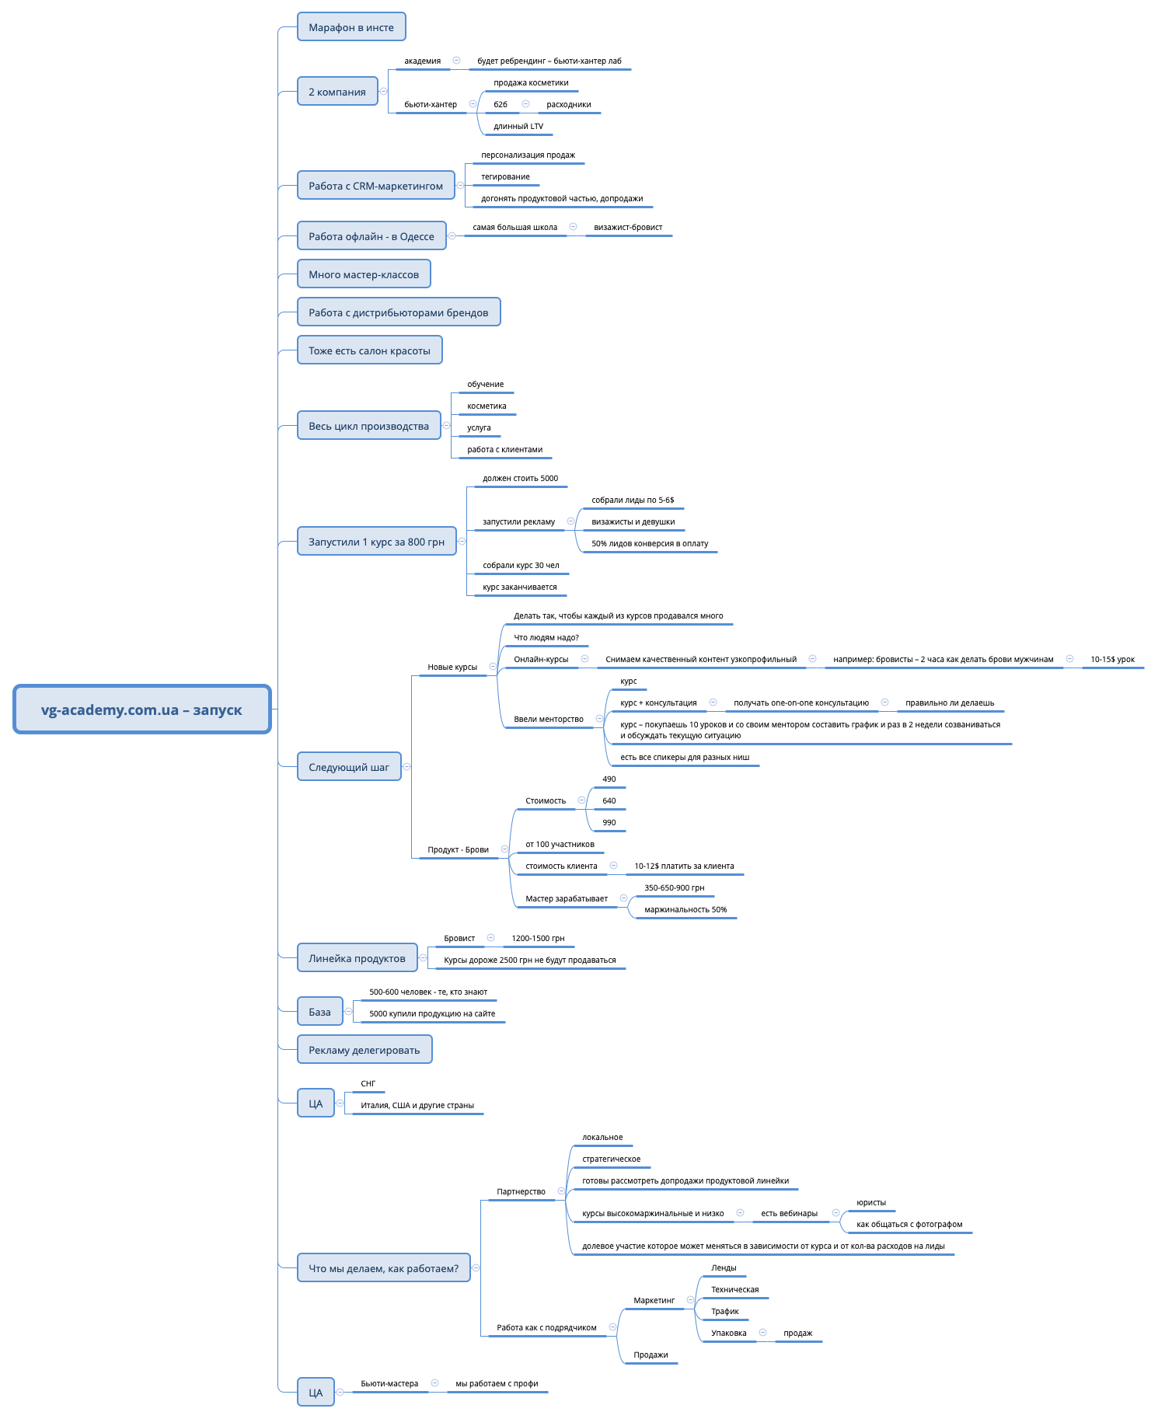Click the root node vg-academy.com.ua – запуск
141,709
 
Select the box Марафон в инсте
351,27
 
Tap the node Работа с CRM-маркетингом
375,186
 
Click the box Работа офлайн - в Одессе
371,236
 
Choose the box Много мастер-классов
363,274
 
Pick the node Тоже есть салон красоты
369,350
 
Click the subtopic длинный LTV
518,126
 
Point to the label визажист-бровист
628,227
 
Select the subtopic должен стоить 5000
520,478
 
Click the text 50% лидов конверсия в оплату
650,543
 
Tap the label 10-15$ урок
1112,659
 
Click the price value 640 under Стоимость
609,800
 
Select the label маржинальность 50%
685,909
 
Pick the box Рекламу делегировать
364,1050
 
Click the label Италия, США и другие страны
417,1105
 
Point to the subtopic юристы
870,1202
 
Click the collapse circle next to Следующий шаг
406,767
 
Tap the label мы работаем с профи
497,1383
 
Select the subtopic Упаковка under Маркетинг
728,1333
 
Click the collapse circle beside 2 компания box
383,92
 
